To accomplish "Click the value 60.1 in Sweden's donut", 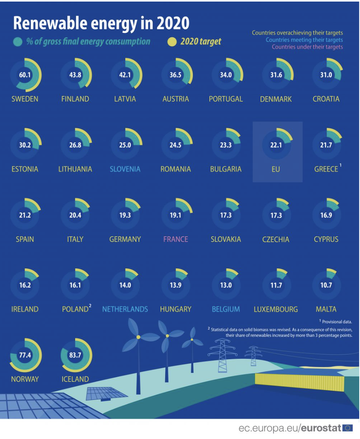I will (x=25, y=75).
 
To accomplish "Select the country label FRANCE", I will (x=176, y=239).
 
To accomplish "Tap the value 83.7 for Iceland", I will (x=75, y=355).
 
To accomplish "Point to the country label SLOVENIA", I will (x=125, y=169).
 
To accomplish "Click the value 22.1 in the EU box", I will (x=276, y=145).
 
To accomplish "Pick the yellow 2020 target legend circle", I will (x=172, y=42).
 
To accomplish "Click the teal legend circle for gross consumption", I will (x=18, y=42).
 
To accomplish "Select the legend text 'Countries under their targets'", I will (x=307, y=47).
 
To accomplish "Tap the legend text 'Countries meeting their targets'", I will (x=304, y=40).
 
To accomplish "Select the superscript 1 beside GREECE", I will (x=340, y=166).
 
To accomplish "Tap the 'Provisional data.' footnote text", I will (x=337, y=322).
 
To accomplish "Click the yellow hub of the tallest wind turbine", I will (x=138, y=337).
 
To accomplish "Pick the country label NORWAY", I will (x=25, y=379).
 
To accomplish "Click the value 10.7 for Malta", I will (x=326, y=285).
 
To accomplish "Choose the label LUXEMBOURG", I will (x=275, y=309).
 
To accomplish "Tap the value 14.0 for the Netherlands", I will (x=125, y=285).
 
